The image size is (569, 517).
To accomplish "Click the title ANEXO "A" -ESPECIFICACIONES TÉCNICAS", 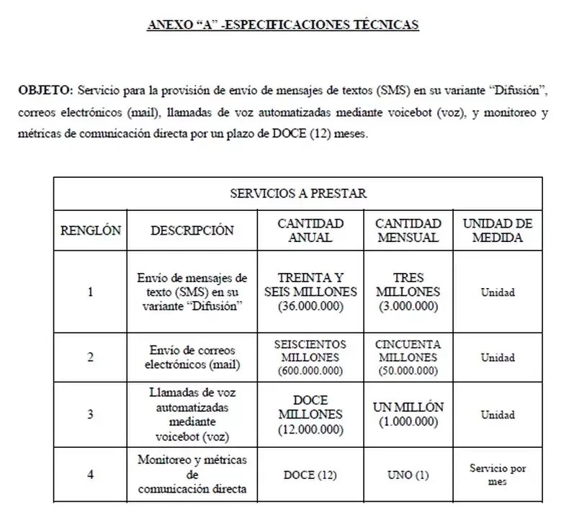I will click(x=283, y=24).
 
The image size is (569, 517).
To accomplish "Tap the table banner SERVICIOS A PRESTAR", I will click(x=298, y=193).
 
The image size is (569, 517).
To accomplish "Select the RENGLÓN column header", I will click(x=90, y=230).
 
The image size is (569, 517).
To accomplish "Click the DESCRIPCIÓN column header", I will click(x=192, y=230).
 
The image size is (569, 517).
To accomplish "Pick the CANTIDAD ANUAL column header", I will click(x=310, y=230).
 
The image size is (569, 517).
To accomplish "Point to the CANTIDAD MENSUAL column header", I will click(x=408, y=230).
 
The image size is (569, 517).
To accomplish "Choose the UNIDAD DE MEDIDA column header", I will click(x=497, y=230).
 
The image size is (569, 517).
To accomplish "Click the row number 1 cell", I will click(x=90, y=292).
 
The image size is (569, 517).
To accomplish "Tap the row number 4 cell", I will click(x=90, y=474).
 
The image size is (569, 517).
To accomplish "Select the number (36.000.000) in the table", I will click(x=310, y=306).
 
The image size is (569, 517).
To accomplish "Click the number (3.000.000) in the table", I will click(x=408, y=306).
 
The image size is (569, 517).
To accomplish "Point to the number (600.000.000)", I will click(x=310, y=371).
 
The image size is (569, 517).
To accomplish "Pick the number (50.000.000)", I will click(x=408, y=371).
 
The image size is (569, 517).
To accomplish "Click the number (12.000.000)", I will click(x=310, y=430).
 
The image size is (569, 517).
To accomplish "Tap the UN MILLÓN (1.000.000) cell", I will click(x=408, y=415).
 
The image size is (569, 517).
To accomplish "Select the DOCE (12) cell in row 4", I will click(x=310, y=475).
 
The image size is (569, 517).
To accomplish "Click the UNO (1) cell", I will click(x=408, y=475).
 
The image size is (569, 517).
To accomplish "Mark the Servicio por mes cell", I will click(x=497, y=475).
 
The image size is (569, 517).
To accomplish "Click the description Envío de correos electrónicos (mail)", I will click(x=192, y=357).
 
